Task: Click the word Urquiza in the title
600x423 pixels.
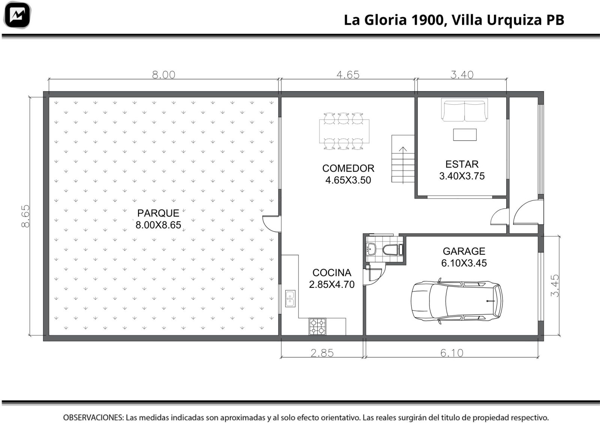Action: [514, 20]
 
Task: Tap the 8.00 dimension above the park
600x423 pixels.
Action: [163, 75]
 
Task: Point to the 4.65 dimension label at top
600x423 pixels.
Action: [348, 75]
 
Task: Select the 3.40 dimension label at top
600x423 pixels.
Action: [462, 75]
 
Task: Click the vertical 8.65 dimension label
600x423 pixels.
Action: [25, 216]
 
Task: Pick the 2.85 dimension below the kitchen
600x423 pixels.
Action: [322, 353]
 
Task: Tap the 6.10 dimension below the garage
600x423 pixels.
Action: [451, 353]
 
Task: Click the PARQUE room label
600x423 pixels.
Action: [158, 213]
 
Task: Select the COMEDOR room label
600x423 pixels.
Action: [348, 169]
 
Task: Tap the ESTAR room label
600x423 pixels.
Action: [462, 164]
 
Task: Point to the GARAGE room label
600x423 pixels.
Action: [464, 251]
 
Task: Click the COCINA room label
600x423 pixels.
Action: [331, 272]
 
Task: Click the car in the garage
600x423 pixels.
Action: [457, 301]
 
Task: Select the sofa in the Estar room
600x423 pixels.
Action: [465, 110]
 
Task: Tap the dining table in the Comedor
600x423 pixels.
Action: [344, 131]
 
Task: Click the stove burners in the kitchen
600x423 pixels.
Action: [317, 327]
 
